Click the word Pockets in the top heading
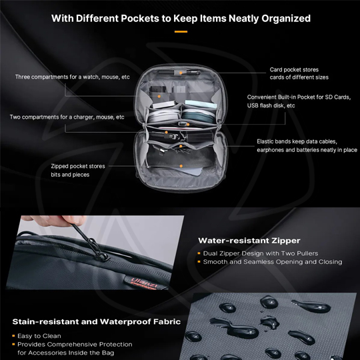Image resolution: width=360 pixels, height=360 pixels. click(x=136, y=19)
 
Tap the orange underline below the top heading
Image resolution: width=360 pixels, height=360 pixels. click(x=180, y=31)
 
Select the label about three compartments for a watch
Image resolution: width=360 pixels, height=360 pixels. click(x=73, y=77)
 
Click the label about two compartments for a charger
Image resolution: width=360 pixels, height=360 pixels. click(x=67, y=117)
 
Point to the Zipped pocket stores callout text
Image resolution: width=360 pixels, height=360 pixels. click(x=78, y=170)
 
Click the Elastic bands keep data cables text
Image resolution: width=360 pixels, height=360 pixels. click(x=307, y=146)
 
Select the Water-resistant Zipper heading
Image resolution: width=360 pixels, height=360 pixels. click(x=249, y=241)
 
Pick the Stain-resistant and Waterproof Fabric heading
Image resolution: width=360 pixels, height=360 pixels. click(x=95, y=322)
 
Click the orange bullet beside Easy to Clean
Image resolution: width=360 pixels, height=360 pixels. click(x=13, y=336)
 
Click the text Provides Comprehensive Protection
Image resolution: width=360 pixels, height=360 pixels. click(x=75, y=345)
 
